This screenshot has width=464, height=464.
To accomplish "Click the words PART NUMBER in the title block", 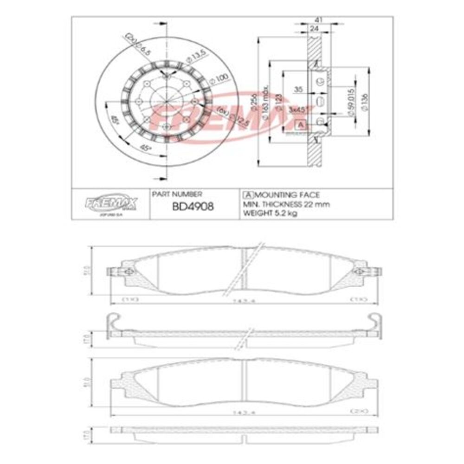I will [177, 195].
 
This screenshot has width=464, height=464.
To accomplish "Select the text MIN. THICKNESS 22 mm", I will [286, 204].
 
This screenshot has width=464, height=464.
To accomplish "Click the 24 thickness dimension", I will [314, 29].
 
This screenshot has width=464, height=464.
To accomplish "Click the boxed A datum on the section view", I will [301, 125].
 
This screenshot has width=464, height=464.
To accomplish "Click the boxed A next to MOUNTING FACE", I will [248, 195].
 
